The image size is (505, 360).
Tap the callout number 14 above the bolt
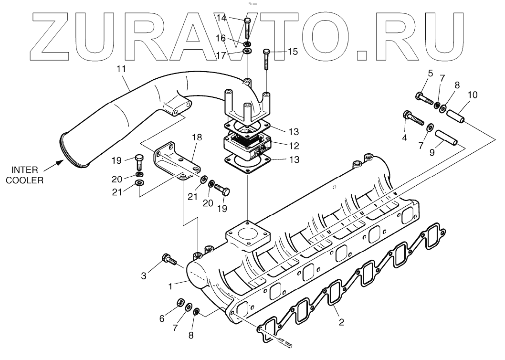tap(234, 18)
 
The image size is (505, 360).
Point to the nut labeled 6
tap(181, 302)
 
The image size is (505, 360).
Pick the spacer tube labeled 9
tap(445, 138)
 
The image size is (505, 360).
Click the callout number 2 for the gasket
tap(341, 322)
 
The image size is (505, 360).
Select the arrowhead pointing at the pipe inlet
tap(58, 163)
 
